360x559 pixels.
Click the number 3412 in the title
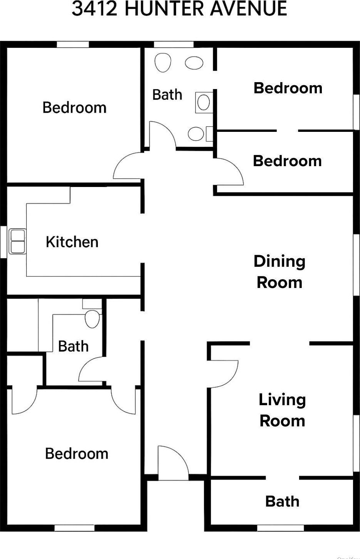94,8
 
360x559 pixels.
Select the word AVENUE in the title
249,8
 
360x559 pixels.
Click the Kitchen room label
72,242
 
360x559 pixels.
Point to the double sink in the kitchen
17,241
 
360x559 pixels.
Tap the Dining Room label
279,272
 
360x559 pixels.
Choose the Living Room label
282,410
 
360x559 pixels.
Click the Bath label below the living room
282,502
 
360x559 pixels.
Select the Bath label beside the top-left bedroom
167,94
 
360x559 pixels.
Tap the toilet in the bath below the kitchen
92,319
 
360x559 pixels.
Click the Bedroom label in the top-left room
74,107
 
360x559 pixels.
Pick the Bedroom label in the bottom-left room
77,454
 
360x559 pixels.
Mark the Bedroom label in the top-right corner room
288,88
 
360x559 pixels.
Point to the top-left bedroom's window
73,44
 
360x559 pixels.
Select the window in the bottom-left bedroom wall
74,528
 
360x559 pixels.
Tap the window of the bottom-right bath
280,528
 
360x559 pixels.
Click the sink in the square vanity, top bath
204,102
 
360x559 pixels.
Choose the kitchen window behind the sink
3,241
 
